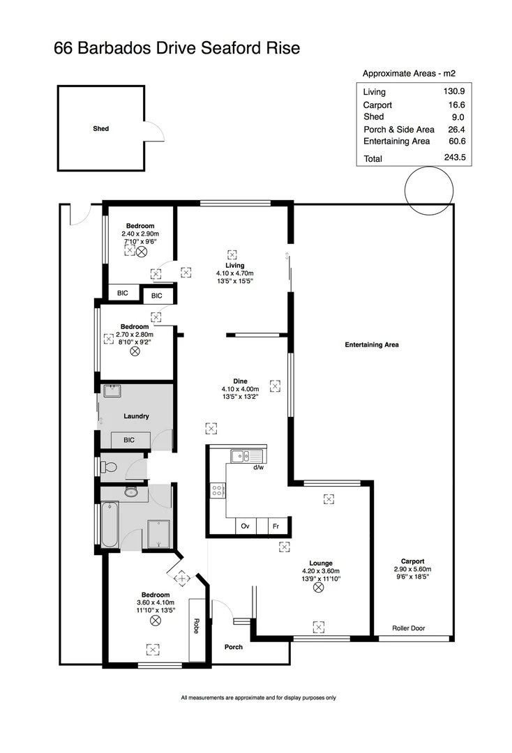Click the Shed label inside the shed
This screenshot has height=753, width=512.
[101, 128]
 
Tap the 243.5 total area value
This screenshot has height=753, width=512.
[458, 158]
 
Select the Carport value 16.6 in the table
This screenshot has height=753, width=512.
[458, 105]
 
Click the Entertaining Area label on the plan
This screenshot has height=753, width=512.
[372, 344]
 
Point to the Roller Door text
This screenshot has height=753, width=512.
[408, 628]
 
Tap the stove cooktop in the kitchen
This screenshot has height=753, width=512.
[216, 489]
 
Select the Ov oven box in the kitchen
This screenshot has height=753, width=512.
[245, 526]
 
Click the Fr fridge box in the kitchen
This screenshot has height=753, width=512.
[276, 526]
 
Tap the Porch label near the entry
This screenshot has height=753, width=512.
[234, 647]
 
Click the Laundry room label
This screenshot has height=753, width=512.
[136, 416]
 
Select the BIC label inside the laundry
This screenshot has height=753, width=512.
[129, 440]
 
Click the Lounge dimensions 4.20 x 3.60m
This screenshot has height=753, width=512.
[321, 571]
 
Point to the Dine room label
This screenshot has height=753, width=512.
[240, 381]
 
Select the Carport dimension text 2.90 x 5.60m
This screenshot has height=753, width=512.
[413, 569]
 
